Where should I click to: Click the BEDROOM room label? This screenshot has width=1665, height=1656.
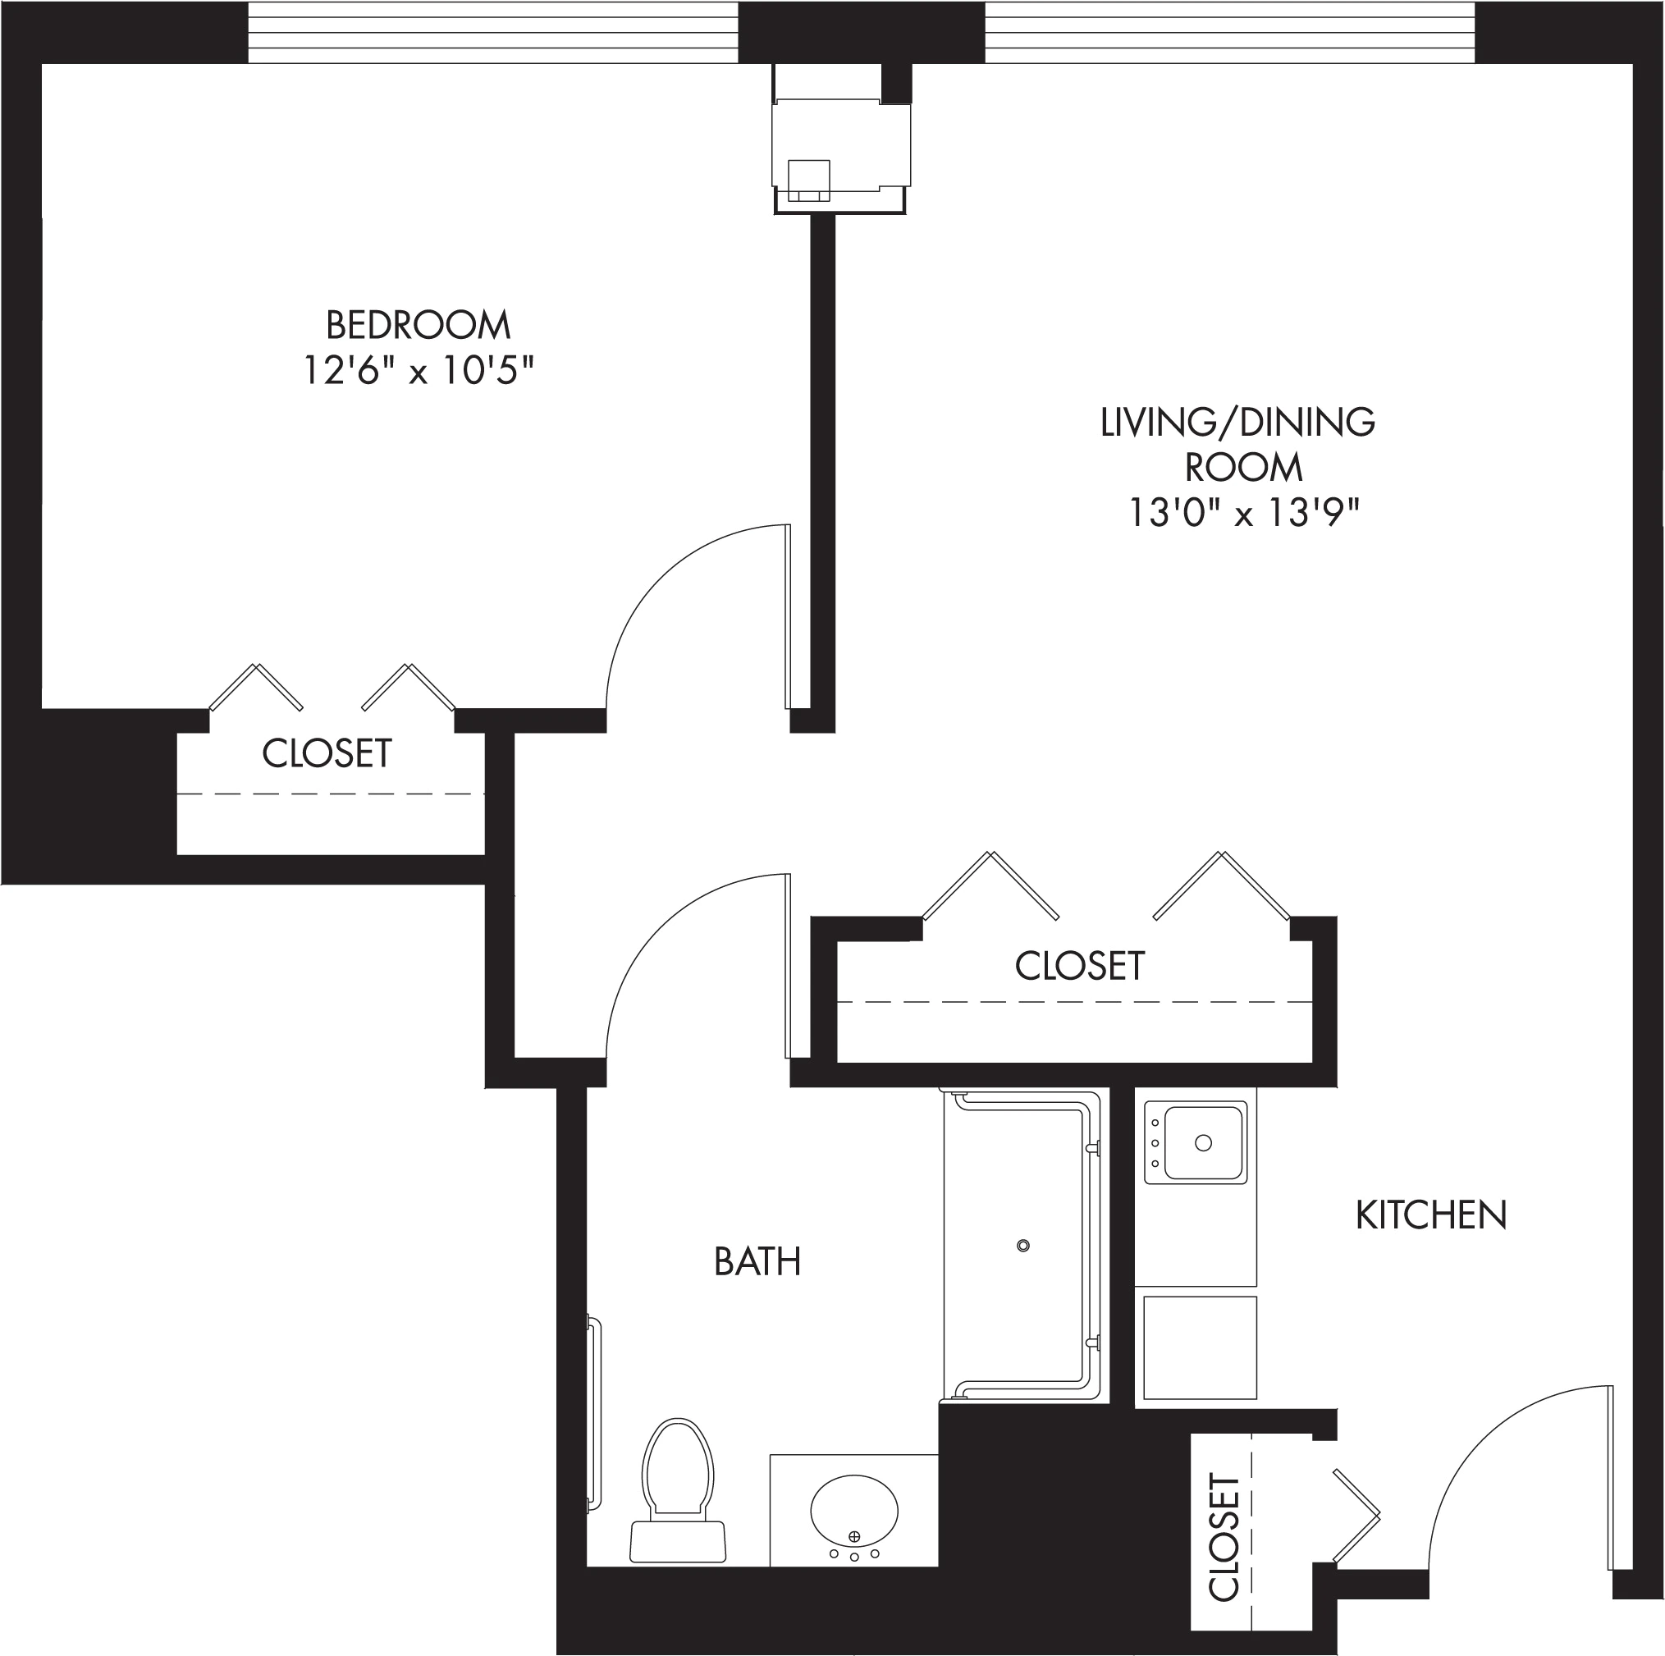click(418, 326)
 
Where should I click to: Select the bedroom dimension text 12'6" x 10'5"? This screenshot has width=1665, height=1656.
click(419, 372)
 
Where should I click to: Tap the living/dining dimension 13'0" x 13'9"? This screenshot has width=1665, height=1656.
click(1243, 515)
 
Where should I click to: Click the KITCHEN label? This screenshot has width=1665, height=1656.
click(1431, 1215)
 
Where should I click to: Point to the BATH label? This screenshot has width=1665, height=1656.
click(757, 1261)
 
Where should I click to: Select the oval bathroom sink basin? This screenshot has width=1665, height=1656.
click(854, 1512)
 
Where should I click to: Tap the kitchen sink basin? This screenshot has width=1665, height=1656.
click(1203, 1143)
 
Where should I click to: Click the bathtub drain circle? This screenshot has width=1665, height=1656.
click(1023, 1246)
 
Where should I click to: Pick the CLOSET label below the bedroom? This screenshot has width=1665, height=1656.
click(327, 753)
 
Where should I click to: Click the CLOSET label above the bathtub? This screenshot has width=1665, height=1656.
click(1080, 966)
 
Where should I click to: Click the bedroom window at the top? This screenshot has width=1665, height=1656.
click(493, 32)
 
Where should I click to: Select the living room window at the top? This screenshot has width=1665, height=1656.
click(1230, 32)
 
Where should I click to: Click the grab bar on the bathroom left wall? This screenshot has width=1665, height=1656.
click(594, 1414)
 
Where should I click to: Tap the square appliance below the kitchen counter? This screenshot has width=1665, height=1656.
click(1200, 1348)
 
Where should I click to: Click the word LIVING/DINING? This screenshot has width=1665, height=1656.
click(1237, 422)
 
